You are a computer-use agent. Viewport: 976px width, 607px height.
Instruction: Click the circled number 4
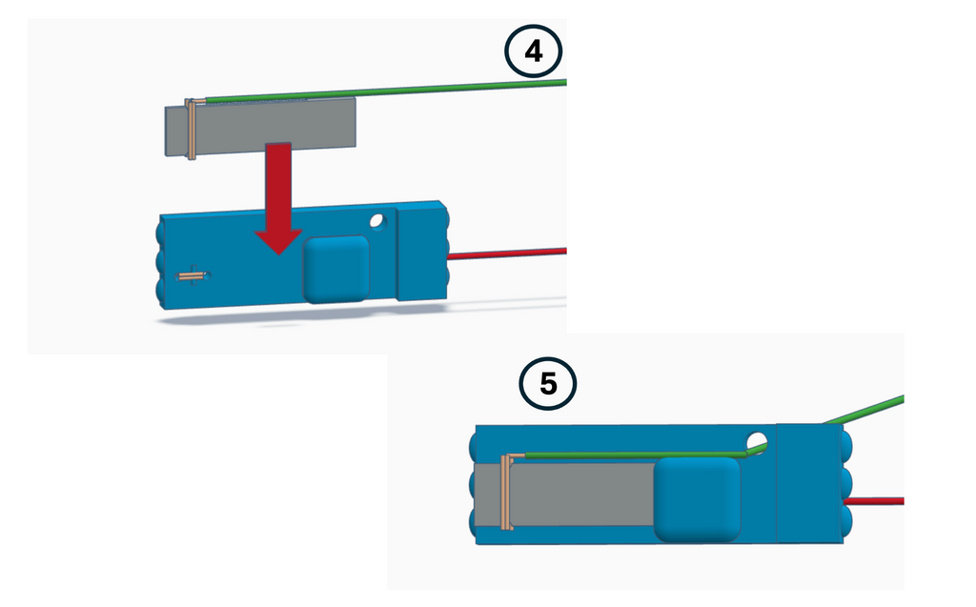point(534,51)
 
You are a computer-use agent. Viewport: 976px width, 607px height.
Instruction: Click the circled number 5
point(548,383)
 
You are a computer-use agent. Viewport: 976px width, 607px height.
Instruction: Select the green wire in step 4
point(386,91)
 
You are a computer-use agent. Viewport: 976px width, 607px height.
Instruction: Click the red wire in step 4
point(507,253)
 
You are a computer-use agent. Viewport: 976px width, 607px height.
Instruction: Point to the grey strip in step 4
point(260,127)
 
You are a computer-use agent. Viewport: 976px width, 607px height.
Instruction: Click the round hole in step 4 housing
point(377,221)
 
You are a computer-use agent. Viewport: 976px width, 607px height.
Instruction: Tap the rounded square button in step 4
point(336,269)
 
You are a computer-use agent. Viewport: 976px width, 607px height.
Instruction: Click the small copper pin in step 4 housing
point(192,275)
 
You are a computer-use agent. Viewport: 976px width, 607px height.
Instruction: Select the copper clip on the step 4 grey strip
point(192,129)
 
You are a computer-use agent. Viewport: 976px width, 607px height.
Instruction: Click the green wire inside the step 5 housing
point(635,455)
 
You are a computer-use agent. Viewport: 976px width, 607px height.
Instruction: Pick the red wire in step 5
point(873,501)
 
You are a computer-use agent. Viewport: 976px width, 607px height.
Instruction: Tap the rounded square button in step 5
point(697,499)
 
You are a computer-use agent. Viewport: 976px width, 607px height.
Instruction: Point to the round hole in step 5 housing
point(757,443)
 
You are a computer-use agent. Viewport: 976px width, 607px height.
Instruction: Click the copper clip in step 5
point(507,492)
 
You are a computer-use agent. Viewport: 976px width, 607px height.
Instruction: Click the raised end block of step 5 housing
point(810,483)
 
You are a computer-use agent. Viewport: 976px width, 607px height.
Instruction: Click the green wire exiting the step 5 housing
point(864,410)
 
